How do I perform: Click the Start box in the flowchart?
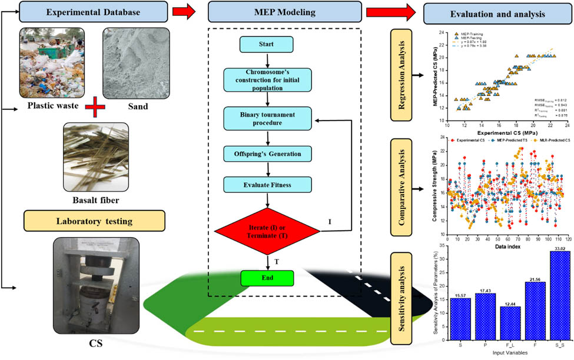point(269,44)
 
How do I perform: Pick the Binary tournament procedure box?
point(269,118)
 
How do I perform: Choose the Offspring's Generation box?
point(269,154)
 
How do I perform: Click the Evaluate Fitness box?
point(269,184)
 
